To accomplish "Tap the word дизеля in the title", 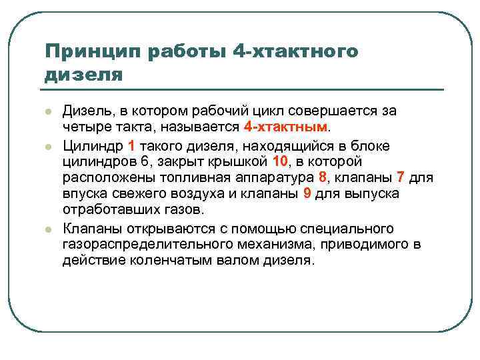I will [x=84, y=75].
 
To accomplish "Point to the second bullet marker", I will [x=47, y=145].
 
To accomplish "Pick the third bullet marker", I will [x=47, y=229].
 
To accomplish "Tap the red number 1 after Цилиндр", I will [x=131, y=145].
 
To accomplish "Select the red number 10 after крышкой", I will [x=280, y=161].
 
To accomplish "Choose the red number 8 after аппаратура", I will [x=323, y=178].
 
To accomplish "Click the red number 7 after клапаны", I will [x=401, y=178].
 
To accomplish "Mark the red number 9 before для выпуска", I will [x=307, y=194].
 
